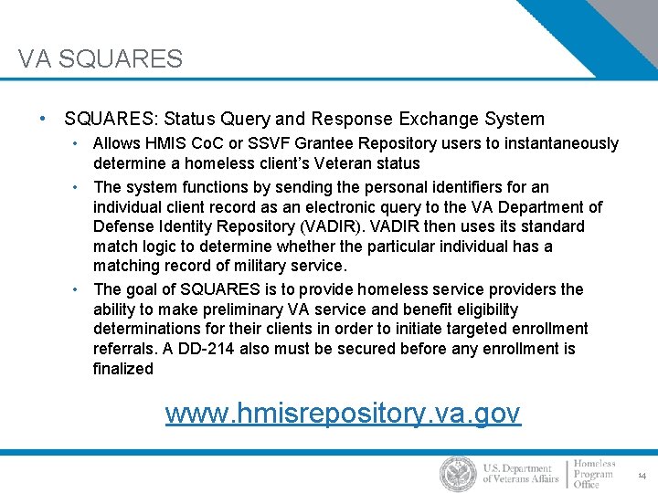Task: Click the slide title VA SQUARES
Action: coord(101,59)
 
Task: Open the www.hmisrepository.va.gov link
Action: coord(343,414)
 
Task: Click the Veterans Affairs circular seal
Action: coord(458,474)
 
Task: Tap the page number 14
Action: coord(642,476)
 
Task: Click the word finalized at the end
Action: coord(123,369)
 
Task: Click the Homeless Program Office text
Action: coord(595,475)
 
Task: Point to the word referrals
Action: coord(124,349)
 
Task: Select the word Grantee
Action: coord(318,143)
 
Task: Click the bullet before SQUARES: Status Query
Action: coord(43,119)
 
